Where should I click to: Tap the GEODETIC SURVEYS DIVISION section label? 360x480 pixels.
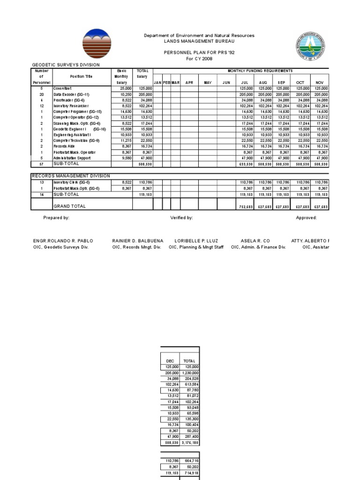point(65,65)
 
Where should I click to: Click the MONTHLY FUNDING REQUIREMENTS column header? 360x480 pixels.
point(260,70)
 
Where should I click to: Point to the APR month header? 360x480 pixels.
point(189,82)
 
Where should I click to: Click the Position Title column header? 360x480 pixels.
point(81,76)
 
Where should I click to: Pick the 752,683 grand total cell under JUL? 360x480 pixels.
point(243,206)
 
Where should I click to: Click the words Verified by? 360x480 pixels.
point(181,218)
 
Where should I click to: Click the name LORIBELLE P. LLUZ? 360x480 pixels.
point(196,240)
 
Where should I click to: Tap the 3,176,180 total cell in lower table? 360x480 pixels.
point(190,442)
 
